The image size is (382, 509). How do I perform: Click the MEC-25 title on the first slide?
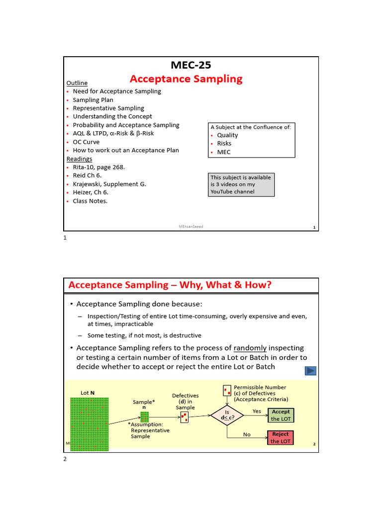(187, 65)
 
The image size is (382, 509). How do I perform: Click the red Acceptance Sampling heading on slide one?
(186, 79)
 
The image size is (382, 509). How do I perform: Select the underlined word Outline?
(77, 83)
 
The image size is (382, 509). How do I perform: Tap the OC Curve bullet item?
(86, 142)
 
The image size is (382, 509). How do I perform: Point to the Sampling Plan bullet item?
(93, 100)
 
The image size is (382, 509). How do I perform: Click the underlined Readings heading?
(79, 159)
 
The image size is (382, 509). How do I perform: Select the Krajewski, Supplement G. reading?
(109, 184)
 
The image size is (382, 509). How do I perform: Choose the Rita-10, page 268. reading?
(98, 167)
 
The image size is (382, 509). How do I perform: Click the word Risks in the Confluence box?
(224, 144)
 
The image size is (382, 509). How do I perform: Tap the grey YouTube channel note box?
(241, 184)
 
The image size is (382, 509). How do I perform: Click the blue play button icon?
(310, 370)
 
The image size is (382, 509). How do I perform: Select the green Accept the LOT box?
(281, 415)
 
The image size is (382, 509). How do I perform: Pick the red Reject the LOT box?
(281, 437)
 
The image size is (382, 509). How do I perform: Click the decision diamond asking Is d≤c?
(227, 415)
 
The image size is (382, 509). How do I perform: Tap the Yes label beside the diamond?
(257, 411)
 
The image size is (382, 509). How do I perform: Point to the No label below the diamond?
(247, 434)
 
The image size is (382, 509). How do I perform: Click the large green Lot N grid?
(89, 423)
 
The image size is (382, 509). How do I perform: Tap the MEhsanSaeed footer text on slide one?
(191, 226)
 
